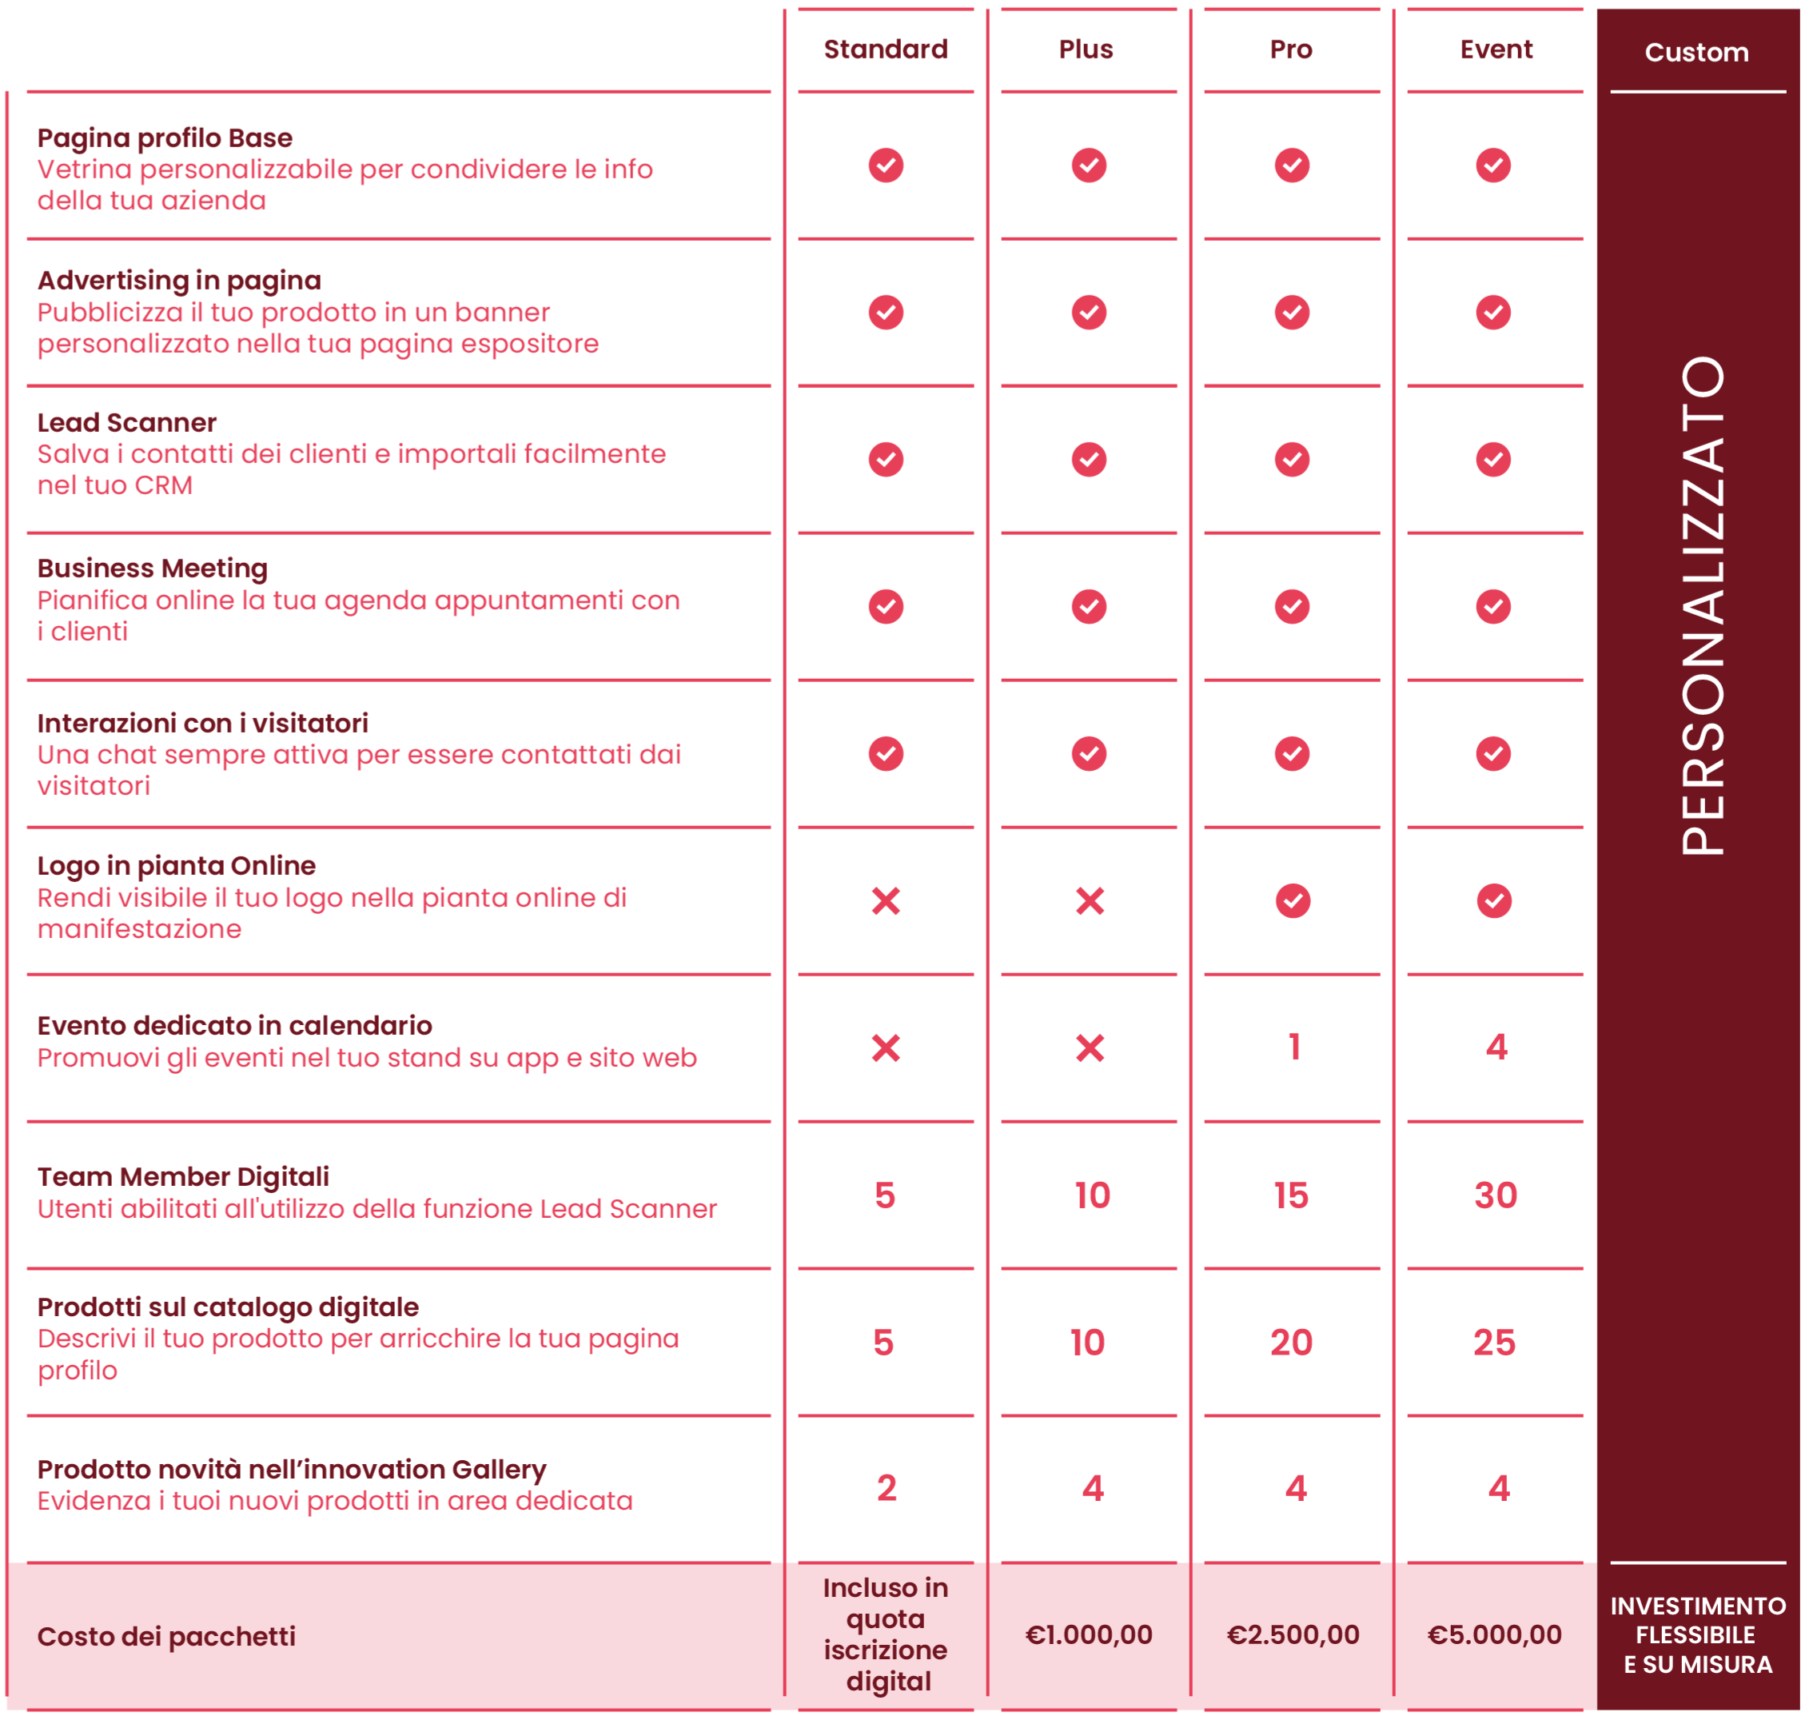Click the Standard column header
885,50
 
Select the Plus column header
1086,50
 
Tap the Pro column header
1290,50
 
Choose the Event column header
1496,50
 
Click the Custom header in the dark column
1696,53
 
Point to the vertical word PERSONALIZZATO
1703,605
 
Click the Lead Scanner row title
127,422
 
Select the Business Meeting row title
153,568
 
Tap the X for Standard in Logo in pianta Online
885,901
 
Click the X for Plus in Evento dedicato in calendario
1090,1048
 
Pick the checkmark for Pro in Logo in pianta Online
1293,901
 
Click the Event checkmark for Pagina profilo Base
1492,166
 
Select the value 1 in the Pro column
1293,1047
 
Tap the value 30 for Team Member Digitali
1496,1195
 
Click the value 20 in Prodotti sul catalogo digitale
1290,1343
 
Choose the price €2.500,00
1293,1634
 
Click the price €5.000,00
1494,1634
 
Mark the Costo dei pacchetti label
166,1636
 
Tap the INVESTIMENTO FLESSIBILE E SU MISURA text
1697,1635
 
